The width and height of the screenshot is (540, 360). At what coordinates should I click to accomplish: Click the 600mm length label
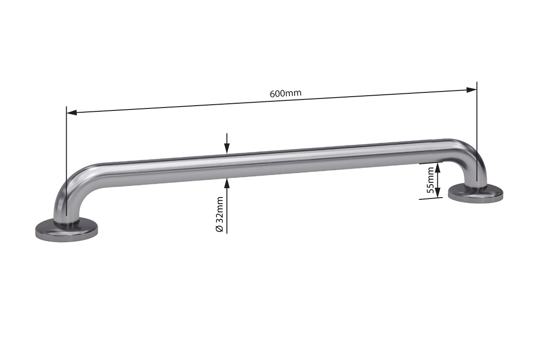285,93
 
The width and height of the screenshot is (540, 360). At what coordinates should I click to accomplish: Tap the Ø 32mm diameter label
219,214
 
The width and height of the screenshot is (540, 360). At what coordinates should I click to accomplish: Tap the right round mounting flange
476,193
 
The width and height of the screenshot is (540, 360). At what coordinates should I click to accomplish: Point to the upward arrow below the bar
227,183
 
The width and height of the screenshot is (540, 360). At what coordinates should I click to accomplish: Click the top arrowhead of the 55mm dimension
438,167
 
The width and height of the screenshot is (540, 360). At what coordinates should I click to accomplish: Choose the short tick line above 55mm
431,163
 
